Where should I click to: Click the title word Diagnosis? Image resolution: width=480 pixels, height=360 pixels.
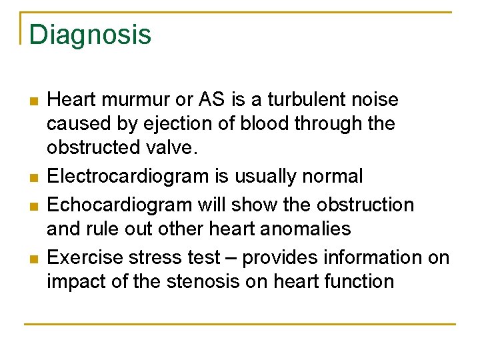point(90,35)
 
